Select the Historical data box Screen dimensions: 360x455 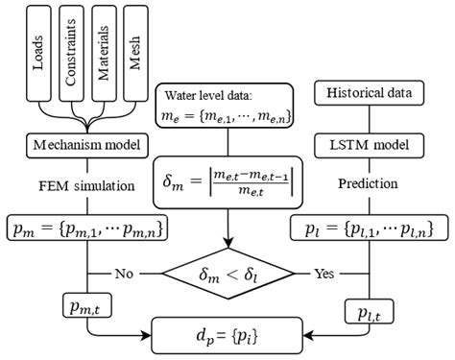[366, 93]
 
